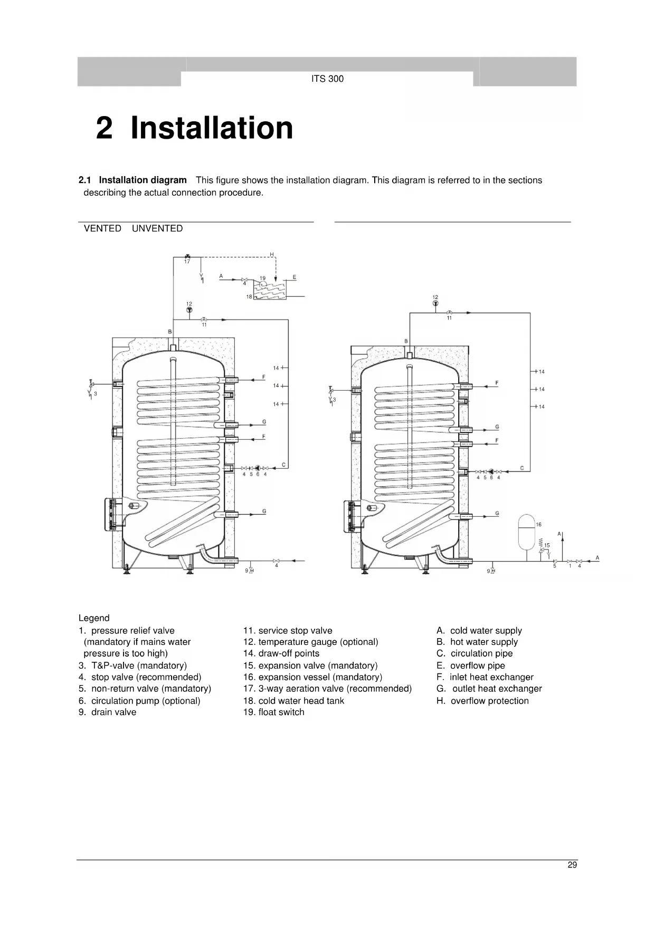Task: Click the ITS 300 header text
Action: (x=327, y=79)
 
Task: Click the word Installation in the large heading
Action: (x=211, y=128)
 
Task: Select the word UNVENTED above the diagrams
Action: (x=157, y=228)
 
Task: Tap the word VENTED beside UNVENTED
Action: (x=102, y=228)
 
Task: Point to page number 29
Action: (x=572, y=865)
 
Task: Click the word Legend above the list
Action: (x=94, y=618)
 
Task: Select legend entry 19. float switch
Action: (x=273, y=712)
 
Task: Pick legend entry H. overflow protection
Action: (x=482, y=701)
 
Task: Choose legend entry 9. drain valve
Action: (x=107, y=712)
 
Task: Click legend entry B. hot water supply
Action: (x=477, y=642)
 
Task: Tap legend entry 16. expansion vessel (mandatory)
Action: (x=312, y=677)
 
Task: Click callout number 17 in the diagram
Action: (x=187, y=262)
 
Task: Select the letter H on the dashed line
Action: (x=272, y=255)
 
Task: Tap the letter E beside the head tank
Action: (x=294, y=277)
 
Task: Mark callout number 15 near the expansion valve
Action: (x=547, y=545)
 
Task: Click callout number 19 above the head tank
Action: (x=262, y=278)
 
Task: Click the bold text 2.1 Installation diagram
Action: (x=132, y=180)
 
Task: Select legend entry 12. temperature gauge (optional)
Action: (x=310, y=642)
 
